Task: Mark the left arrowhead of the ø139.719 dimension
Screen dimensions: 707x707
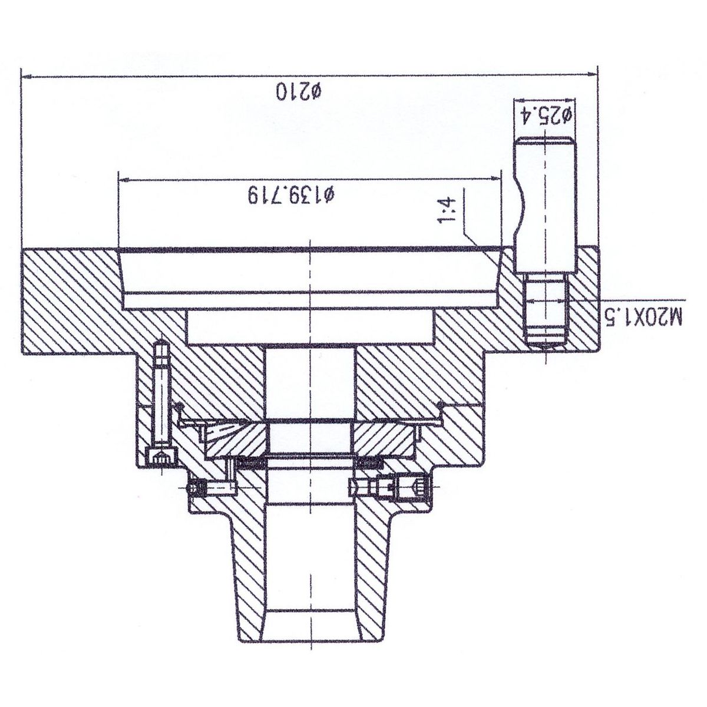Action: pos(125,180)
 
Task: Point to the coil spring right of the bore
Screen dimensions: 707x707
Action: pos(369,464)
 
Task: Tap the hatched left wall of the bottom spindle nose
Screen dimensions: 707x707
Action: pos(249,572)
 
